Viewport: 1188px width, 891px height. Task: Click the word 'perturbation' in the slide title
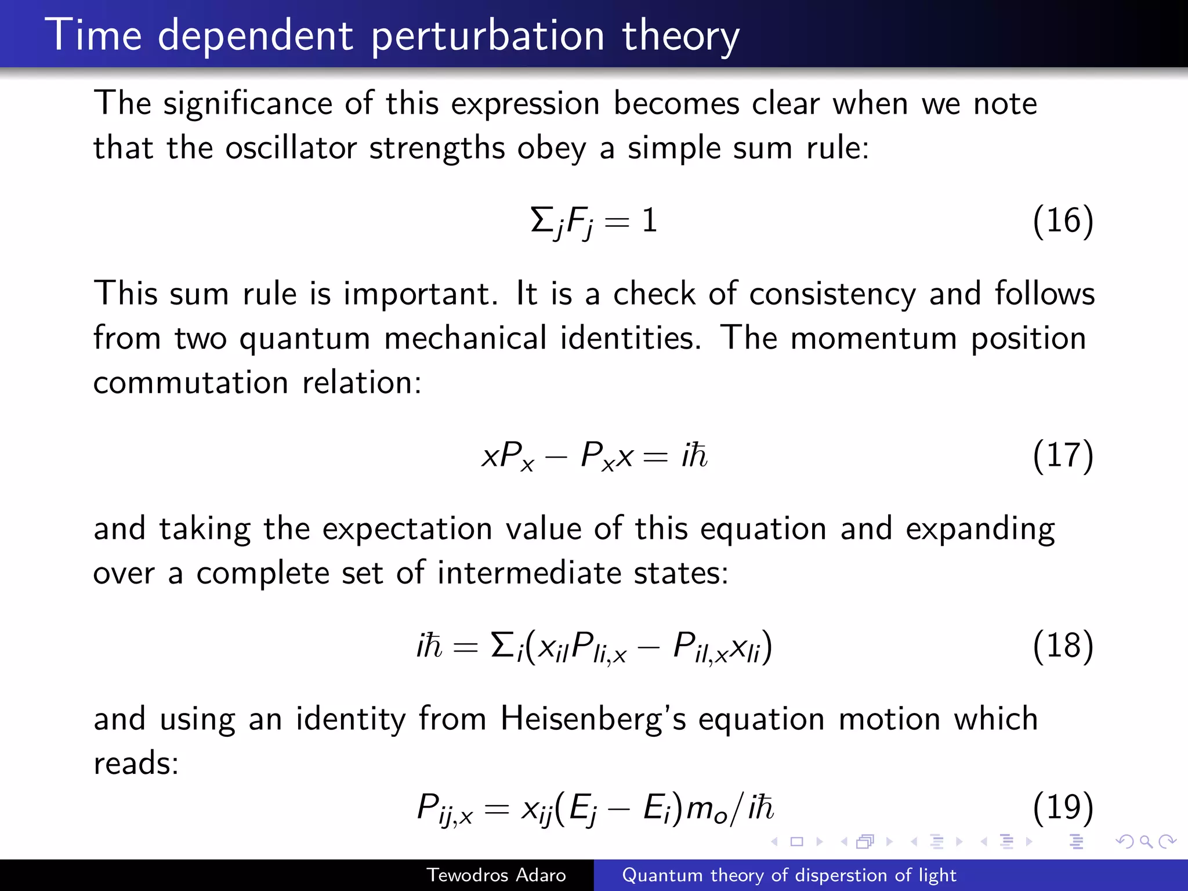[x=488, y=36]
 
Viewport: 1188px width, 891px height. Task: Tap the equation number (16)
[x=1063, y=221]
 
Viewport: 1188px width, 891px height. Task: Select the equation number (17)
[x=1063, y=455]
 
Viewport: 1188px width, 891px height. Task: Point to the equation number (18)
[x=1063, y=646]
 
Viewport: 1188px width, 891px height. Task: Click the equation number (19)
[x=1063, y=807]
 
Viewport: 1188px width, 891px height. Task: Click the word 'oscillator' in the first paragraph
[x=291, y=148]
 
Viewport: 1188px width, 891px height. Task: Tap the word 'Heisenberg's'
[x=593, y=719]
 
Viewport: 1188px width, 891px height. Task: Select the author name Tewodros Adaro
[x=496, y=875]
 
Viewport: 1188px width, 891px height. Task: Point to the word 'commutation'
[x=191, y=383]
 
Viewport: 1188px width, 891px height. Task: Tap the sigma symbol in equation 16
[x=541, y=220]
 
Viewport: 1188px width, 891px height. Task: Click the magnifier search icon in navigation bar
[x=1146, y=841]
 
